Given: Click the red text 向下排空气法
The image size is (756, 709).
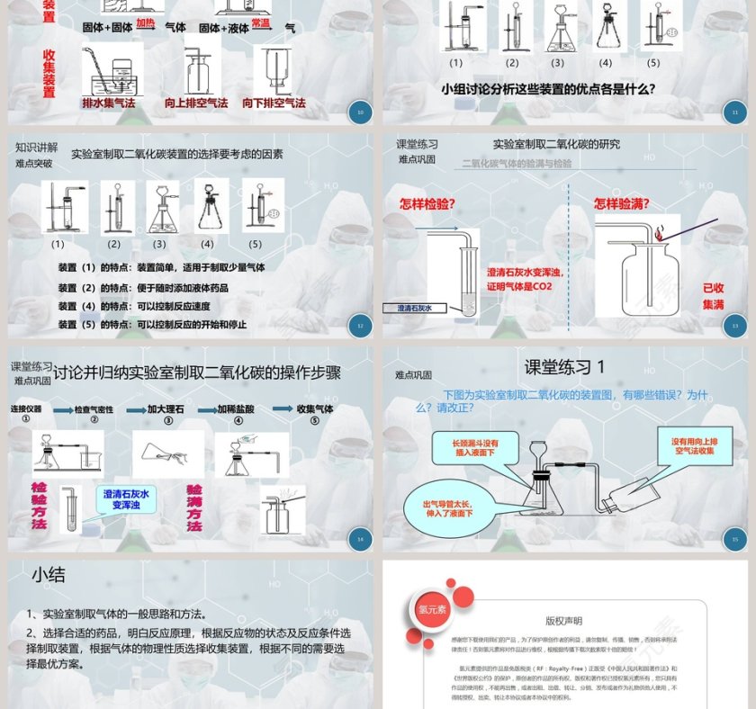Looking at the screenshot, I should click(274, 103).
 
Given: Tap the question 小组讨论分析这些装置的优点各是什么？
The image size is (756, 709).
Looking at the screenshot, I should click(547, 89).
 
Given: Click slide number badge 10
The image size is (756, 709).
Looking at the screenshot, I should click(360, 112).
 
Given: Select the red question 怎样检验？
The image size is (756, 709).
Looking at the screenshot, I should click(427, 203).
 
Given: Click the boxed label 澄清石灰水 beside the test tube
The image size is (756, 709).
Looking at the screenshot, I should click(415, 308).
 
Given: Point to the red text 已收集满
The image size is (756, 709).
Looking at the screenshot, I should click(713, 296).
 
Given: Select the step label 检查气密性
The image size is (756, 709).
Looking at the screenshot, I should click(94, 409).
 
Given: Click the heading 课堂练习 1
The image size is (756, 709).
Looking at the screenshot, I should click(565, 367).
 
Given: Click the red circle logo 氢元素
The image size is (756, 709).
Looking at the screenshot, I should click(427, 607).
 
